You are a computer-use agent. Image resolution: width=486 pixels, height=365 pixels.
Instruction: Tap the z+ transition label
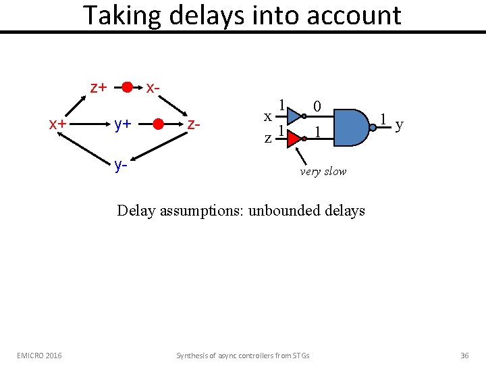pos(99,87)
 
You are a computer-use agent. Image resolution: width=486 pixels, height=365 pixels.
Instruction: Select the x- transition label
pos(153,87)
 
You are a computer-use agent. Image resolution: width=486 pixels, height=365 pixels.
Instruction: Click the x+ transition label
pos(57,124)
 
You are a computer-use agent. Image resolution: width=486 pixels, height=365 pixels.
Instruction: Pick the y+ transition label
pos(122,124)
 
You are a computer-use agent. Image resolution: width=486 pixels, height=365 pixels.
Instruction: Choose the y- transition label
pos(121,164)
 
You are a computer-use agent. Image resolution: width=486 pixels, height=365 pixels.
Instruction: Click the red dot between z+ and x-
pos(127,87)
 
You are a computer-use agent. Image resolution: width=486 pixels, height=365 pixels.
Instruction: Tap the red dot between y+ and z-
pos(158,124)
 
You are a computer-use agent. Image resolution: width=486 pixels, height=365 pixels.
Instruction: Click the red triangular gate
pos(292,138)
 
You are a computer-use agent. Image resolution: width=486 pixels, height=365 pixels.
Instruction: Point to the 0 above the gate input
pos(317,106)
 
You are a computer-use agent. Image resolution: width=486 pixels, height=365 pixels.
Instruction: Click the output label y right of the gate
pos(400,125)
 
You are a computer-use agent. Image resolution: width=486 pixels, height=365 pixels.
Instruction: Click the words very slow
pos(323,171)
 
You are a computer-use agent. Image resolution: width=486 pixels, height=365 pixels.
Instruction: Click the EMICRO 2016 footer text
pos(39,355)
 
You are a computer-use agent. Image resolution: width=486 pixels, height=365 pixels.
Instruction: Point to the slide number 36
pos(464,355)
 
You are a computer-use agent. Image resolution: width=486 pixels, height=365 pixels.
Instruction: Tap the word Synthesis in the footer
pos(192,355)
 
